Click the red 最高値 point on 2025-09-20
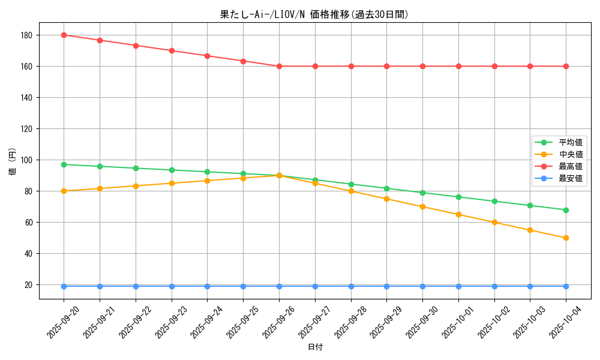click(64, 35)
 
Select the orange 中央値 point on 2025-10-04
click(566, 238)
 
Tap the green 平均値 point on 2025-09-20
click(64, 164)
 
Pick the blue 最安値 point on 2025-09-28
click(351, 286)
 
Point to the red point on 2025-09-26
click(279, 66)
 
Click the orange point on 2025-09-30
click(422, 206)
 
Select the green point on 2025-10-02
click(494, 201)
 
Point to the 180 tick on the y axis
click(25, 35)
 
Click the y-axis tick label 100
click(25, 160)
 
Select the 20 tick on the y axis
click(27, 285)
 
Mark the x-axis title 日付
click(315, 347)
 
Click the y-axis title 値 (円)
click(12, 161)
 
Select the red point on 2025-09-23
click(172, 50)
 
